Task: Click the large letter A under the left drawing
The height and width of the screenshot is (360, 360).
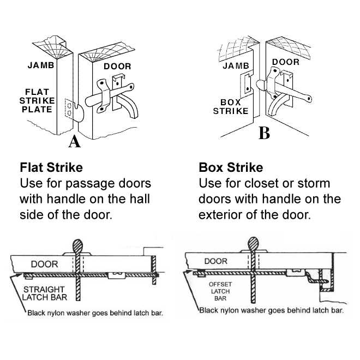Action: click(x=74, y=142)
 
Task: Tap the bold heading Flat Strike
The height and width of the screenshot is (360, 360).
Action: click(x=51, y=167)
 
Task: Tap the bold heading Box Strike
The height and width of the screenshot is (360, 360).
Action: click(x=231, y=167)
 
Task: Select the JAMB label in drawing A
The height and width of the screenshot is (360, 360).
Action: click(x=40, y=66)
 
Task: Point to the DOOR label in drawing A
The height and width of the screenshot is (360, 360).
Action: click(x=117, y=67)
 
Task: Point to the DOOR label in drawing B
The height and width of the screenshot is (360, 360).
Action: click(x=286, y=62)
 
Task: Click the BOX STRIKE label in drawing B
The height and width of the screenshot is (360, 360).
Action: click(x=234, y=106)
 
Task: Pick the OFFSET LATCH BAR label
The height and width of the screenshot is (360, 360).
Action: click(x=220, y=292)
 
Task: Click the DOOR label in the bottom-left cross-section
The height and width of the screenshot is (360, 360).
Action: click(x=44, y=264)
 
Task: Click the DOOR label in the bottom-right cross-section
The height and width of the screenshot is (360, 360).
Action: click(x=216, y=261)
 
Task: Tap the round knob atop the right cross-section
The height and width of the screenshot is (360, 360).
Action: click(x=253, y=242)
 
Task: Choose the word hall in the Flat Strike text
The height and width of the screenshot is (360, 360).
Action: click(x=138, y=199)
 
